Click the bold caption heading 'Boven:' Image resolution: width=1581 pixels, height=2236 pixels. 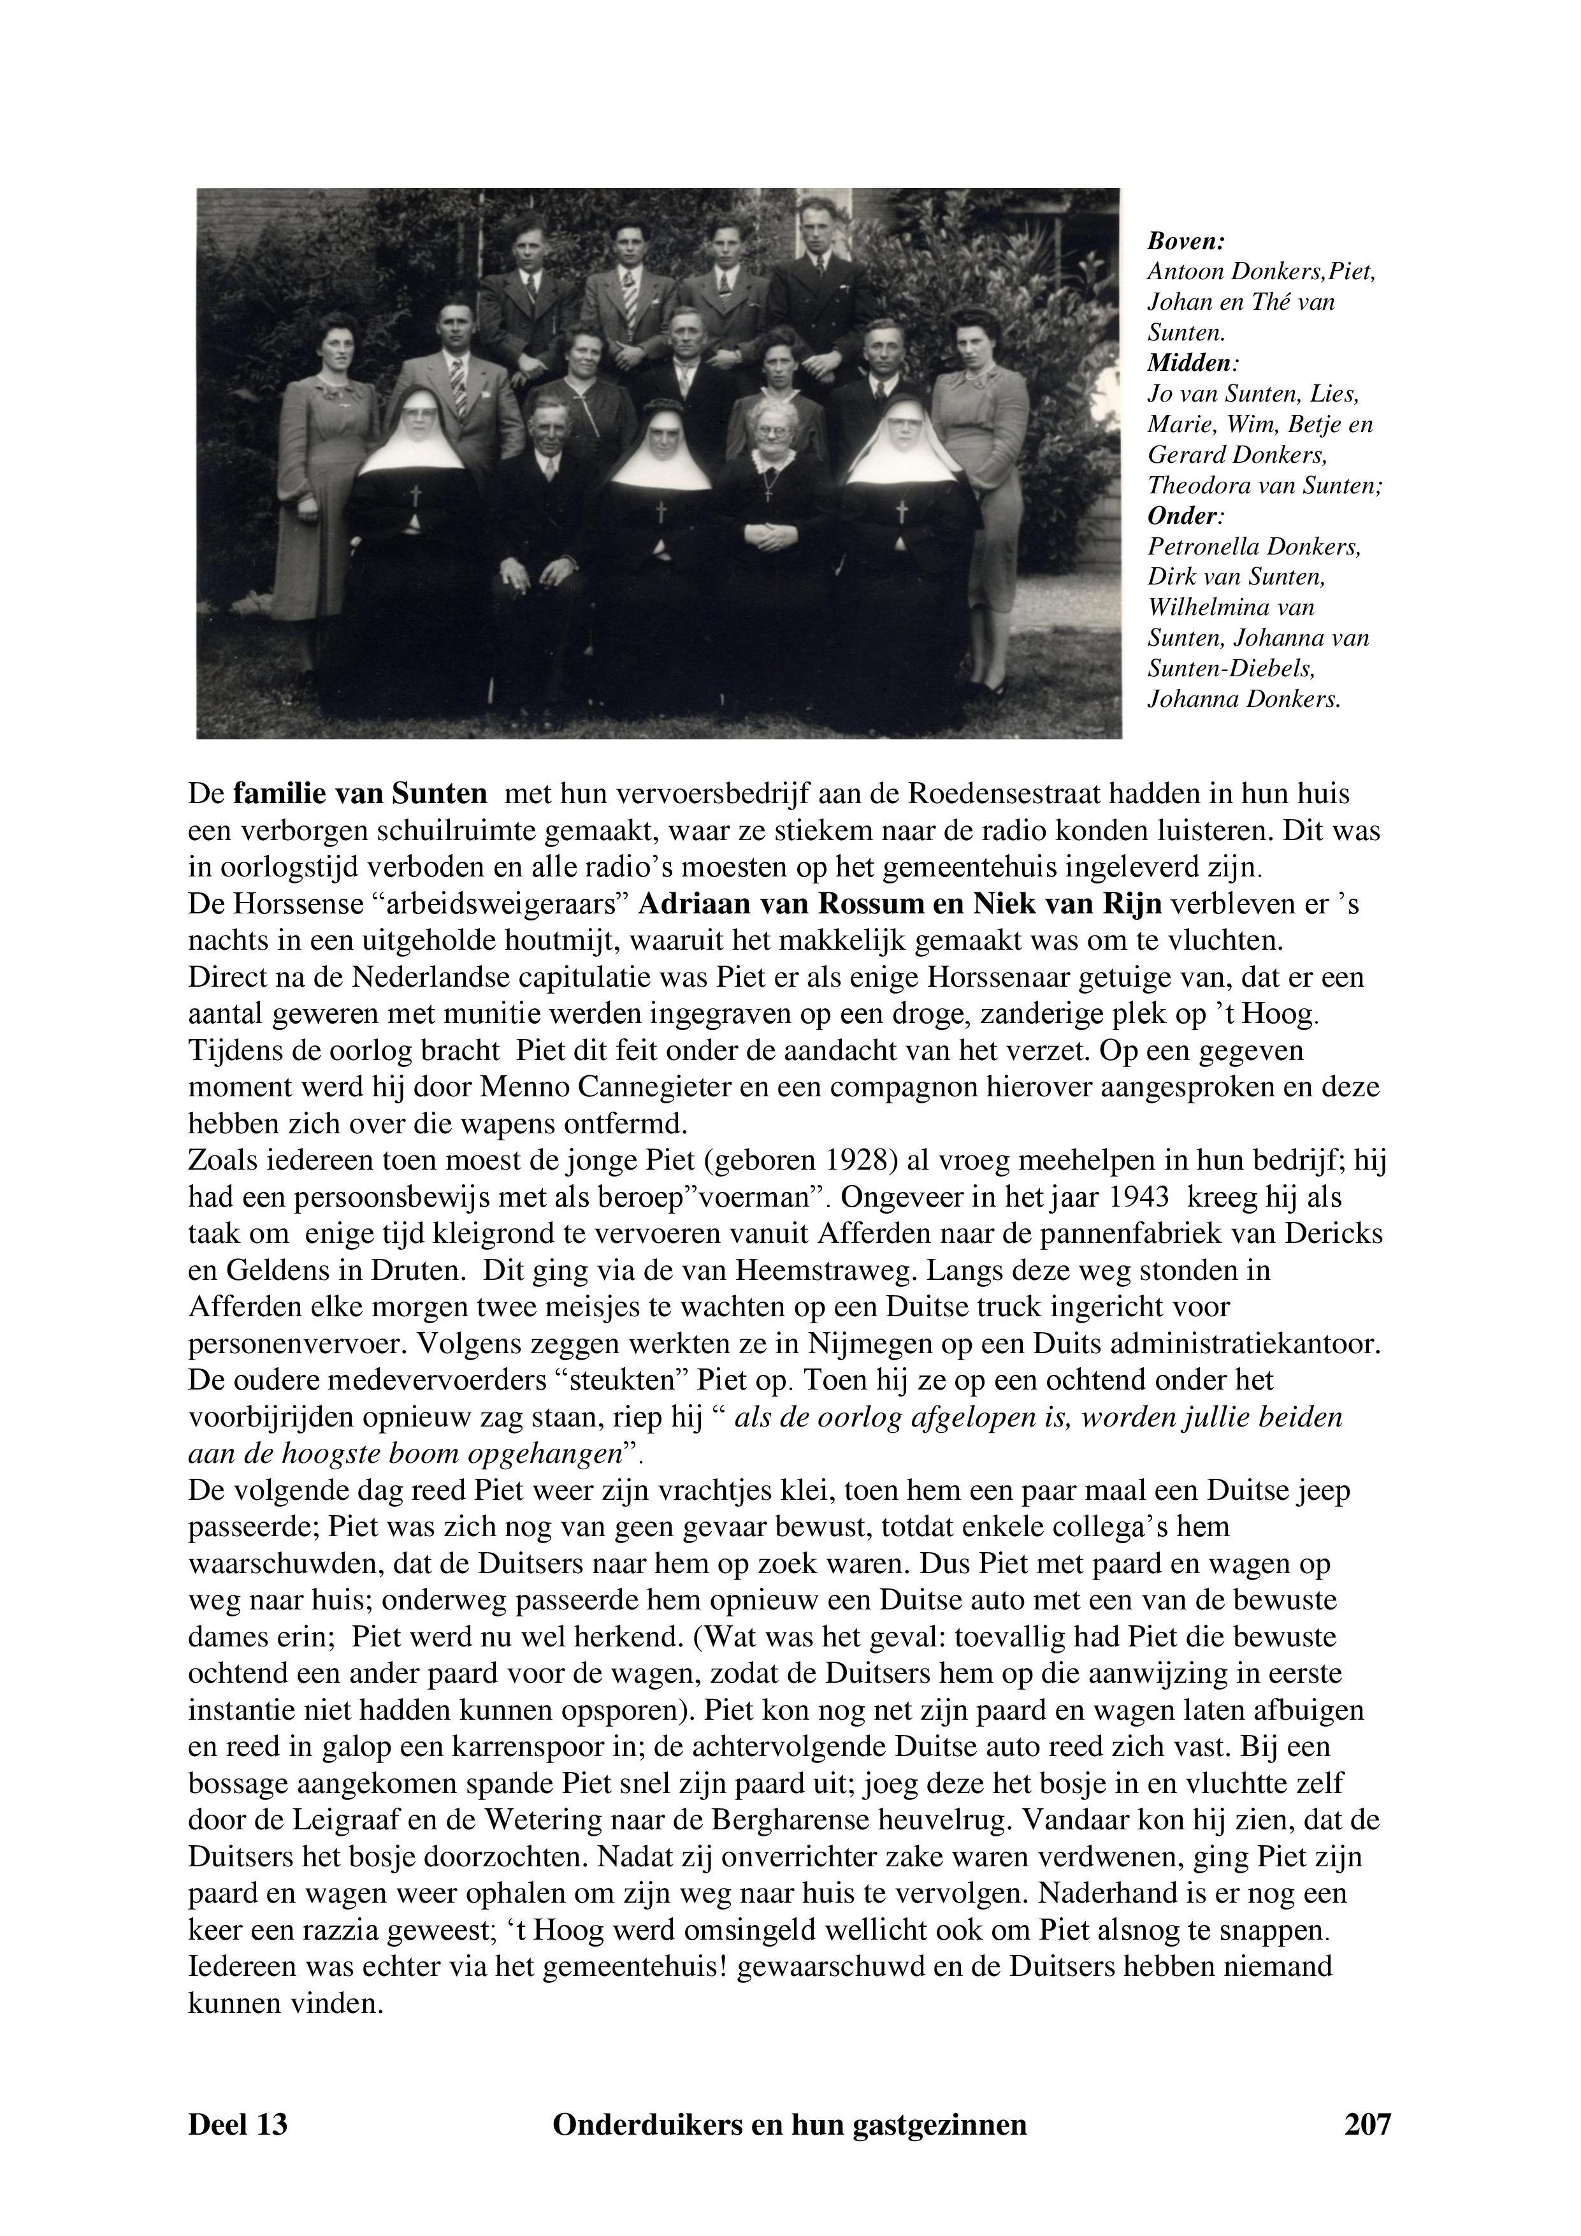[x=1186, y=240]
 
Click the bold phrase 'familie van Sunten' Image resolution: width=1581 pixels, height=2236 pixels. [x=359, y=794]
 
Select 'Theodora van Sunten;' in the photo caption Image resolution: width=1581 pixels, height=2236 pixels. [x=1264, y=485]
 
